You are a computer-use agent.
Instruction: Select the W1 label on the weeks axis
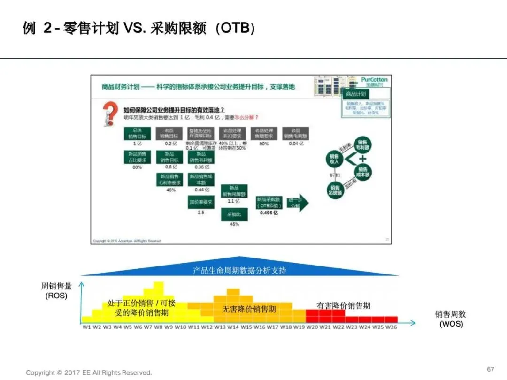tap(87, 327)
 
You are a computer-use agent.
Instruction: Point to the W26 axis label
tap(391, 327)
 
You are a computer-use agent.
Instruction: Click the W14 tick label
tap(233, 327)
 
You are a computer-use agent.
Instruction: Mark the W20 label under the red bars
tap(312, 327)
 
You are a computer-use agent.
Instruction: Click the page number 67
tap(491, 369)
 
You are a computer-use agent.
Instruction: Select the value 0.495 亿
tap(269, 213)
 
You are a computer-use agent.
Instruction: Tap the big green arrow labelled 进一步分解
tap(298, 203)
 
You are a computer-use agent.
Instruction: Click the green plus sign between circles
tap(362, 160)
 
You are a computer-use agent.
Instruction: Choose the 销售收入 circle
tap(334, 159)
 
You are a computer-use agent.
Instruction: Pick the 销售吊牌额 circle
tap(335, 190)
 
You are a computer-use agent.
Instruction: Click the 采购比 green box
tap(234, 214)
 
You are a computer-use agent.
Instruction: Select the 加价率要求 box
tap(201, 202)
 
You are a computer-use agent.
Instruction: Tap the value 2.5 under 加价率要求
tap(201, 213)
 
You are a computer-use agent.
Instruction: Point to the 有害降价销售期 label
tap(343, 305)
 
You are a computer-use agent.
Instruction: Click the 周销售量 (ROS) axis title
tap(56, 290)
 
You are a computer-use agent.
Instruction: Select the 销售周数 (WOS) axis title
tap(451, 319)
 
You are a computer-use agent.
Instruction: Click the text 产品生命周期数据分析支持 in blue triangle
tap(239, 270)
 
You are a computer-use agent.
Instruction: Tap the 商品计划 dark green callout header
tap(355, 94)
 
